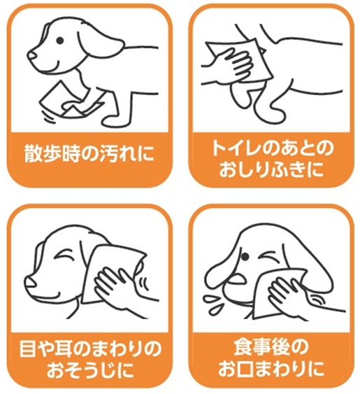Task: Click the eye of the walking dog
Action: click(x=59, y=40)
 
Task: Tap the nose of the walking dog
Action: click(x=32, y=55)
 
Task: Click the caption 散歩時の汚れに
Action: click(x=89, y=153)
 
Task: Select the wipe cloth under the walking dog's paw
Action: click(x=71, y=101)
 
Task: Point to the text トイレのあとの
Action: click(x=272, y=148)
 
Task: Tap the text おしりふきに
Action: click(x=271, y=169)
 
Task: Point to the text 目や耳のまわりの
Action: click(x=90, y=349)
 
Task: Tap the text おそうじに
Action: click(x=90, y=370)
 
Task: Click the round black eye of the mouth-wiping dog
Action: click(x=245, y=257)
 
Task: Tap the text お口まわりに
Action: click(x=271, y=369)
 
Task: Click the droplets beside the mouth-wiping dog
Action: click(x=213, y=304)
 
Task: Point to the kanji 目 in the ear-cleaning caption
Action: click(x=28, y=349)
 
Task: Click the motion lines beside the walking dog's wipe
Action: click(x=48, y=116)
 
